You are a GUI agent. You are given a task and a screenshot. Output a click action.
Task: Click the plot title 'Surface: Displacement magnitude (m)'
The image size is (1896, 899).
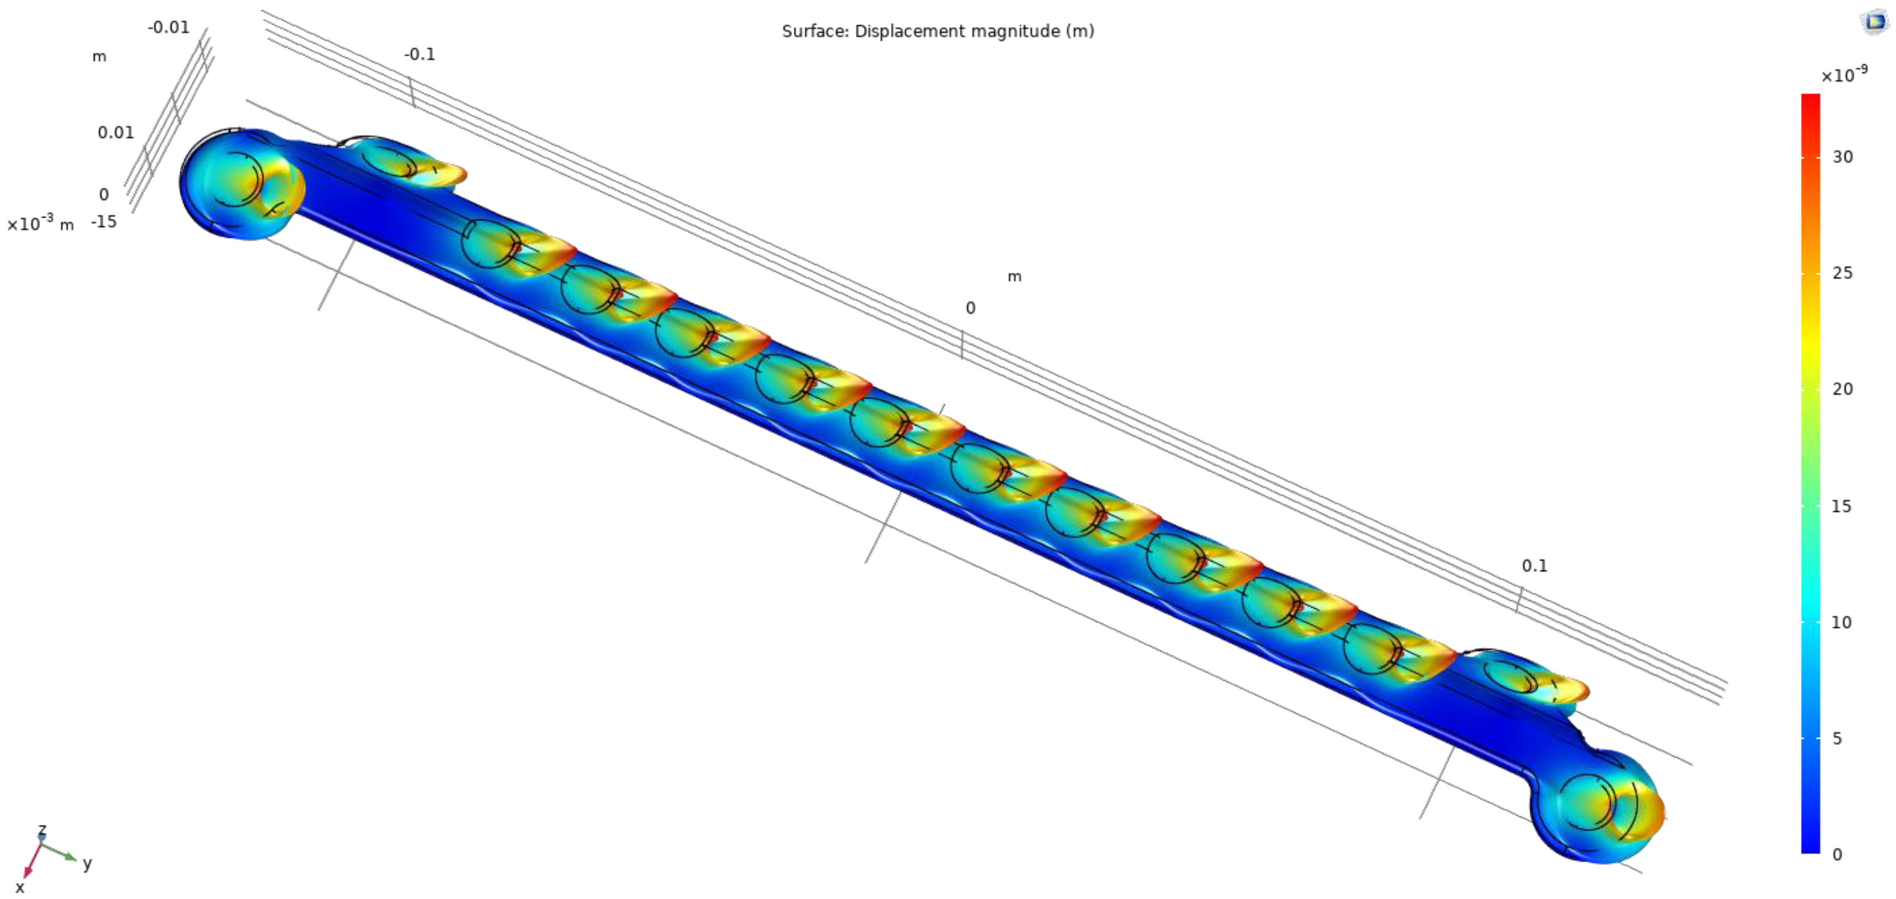click(x=937, y=31)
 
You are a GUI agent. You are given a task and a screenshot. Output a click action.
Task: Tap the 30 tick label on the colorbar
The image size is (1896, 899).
click(x=1842, y=157)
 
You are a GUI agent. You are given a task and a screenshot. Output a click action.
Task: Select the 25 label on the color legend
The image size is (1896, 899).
click(x=1842, y=273)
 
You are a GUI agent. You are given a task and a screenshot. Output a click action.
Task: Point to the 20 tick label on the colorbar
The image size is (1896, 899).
click(x=1842, y=389)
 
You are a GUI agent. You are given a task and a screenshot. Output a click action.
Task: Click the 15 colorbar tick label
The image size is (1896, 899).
click(x=1841, y=506)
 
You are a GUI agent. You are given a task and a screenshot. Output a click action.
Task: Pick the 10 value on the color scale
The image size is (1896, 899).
click(x=1841, y=623)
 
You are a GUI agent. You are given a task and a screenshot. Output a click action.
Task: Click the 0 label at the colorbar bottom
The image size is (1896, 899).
click(x=1837, y=854)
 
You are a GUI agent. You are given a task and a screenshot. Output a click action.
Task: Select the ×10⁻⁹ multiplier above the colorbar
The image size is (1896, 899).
click(x=1844, y=75)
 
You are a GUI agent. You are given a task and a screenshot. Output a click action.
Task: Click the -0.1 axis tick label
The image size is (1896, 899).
click(x=420, y=55)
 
